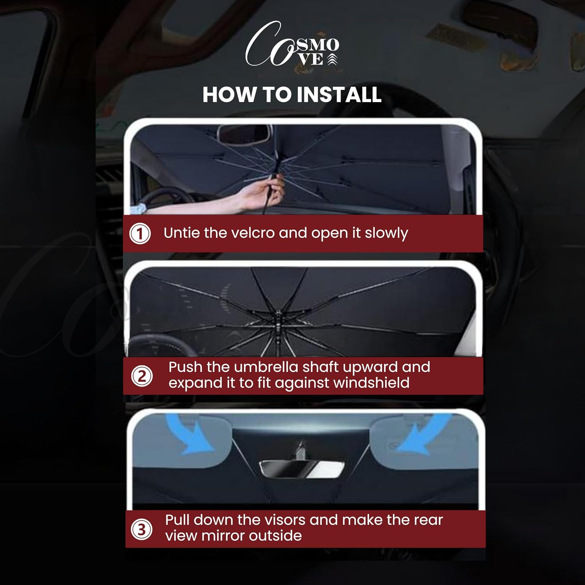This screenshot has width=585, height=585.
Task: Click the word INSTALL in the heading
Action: [338, 95]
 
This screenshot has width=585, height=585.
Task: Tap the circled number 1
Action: [140, 234]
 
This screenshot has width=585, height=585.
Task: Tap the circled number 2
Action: [142, 376]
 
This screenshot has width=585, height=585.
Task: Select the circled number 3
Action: [141, 529]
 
